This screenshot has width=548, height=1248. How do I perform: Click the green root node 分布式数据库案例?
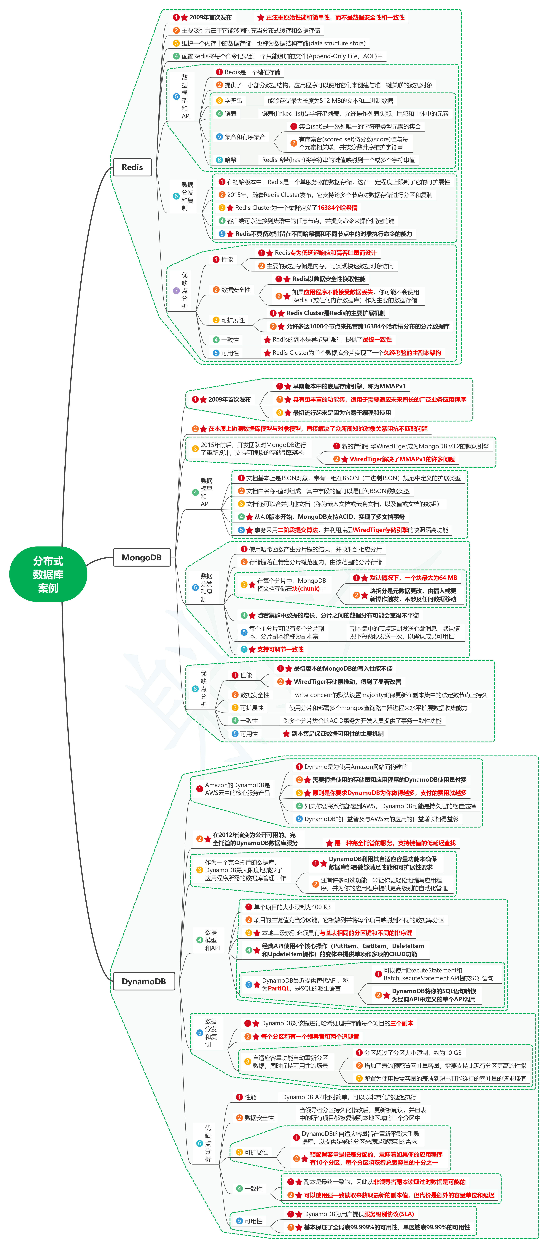[48, 574]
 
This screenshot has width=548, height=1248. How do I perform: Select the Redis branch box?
[132, 167]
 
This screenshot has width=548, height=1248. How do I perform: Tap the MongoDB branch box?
[142, 558]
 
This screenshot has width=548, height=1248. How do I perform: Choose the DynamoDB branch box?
[144, 982]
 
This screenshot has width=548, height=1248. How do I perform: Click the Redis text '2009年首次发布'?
[211, 17]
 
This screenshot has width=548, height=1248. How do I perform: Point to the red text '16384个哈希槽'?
[337, 208]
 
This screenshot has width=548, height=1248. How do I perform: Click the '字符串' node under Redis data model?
[233, 101]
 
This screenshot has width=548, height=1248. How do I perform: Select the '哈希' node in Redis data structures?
[230, 160]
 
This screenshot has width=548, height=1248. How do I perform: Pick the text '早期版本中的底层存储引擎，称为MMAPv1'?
[349, 386]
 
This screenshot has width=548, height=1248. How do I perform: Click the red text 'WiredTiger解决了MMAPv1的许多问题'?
[402, 459]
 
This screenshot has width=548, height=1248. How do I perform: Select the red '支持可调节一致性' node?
[280, 649]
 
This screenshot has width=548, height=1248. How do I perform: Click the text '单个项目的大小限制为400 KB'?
[292, 907]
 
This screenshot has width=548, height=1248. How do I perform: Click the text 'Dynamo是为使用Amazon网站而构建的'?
[356, 767]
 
